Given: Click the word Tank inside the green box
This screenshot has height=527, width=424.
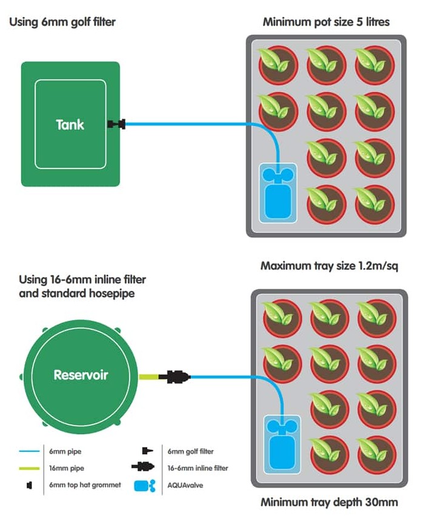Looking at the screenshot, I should point(70,125).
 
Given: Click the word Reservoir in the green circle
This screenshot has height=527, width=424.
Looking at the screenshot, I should point(81,375).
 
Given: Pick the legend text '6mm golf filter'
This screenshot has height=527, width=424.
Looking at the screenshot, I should point(190,451).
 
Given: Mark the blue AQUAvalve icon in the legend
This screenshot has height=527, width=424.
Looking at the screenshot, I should point(145,486).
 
